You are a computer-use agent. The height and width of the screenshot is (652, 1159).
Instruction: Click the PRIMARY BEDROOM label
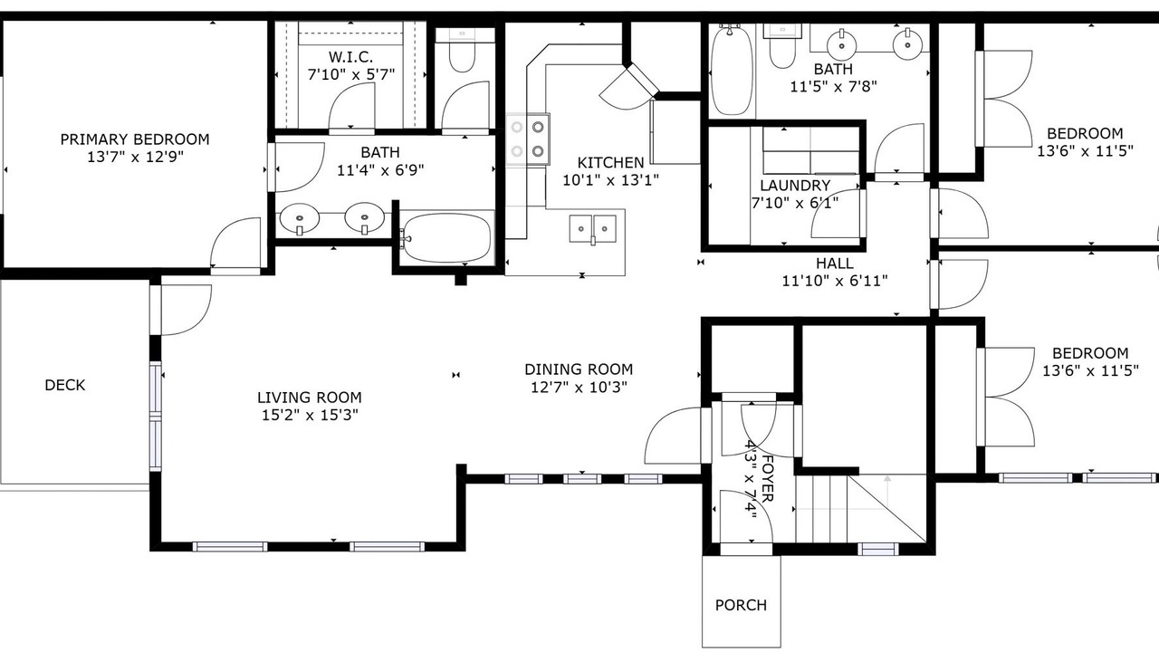(135, 139)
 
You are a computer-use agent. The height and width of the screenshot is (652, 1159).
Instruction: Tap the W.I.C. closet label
(350, 56)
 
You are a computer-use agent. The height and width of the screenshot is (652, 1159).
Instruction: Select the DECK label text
(65, 385)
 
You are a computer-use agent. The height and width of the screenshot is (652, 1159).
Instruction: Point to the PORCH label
(741, 605)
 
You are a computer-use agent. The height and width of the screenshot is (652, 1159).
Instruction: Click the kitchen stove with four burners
(528, 139)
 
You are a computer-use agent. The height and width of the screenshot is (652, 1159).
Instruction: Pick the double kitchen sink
(593, 229)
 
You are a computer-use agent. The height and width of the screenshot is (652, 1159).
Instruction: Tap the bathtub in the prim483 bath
(446, 238)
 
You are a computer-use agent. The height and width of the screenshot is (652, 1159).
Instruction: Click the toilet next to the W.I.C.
(462, 50)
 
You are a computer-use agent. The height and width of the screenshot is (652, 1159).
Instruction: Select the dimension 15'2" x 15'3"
(310, 415)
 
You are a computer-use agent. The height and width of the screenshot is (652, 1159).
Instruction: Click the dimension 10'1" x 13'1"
(610, 180)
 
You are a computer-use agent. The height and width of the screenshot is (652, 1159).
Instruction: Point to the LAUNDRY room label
(795, 186)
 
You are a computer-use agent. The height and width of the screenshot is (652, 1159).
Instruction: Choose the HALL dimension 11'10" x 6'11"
(835, 281)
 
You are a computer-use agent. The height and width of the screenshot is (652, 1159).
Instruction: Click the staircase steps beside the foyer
(820, 509)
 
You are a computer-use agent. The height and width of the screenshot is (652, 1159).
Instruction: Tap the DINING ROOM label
(579, 369)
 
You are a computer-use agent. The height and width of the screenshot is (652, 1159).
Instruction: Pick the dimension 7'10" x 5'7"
(350, 74)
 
